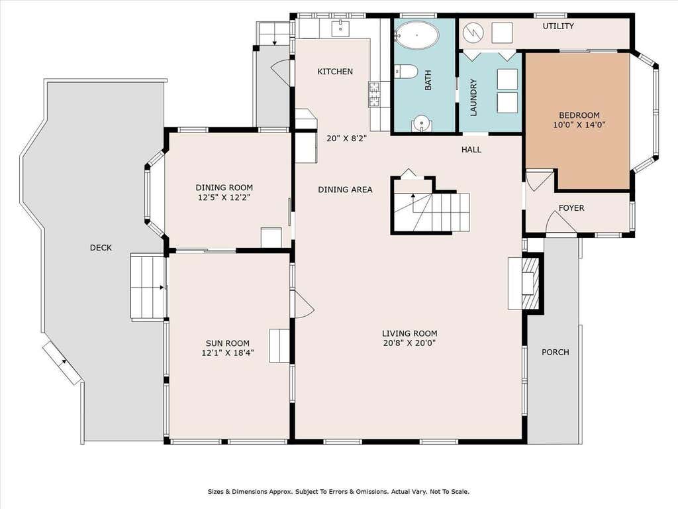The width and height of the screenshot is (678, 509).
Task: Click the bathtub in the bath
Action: click(x=417, y=35)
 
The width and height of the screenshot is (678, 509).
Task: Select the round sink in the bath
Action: click(x=420, y=123)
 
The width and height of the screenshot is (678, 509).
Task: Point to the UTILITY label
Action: click(x=558, y=26)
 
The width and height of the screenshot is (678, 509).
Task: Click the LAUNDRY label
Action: click(x=473, y=97)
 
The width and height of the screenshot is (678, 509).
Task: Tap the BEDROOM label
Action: click(x=579, y=115)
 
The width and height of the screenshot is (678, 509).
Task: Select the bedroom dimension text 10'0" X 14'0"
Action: click(x=579, y=125)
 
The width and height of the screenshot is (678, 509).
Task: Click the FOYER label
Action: click(x=571, y=207)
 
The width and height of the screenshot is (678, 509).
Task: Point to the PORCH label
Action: click(x=556, y=353)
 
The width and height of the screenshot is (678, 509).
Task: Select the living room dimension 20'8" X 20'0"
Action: click(x=409, y=343)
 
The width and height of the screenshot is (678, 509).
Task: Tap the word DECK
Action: click(x=101, y=248)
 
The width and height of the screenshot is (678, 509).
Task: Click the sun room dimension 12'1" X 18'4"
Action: click(x=228, y=353)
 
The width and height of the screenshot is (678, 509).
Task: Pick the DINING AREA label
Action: click(x=345, y=190)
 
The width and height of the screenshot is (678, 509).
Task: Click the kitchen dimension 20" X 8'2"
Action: click(x=347, y=139)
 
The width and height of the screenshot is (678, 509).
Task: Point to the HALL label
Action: click(x=471, y=150)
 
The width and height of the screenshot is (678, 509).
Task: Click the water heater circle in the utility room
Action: click(x=472, y=32)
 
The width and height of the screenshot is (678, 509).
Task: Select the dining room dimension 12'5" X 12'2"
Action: click(x=224, y=198)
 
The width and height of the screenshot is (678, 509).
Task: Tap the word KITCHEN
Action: click(x=335, y=72)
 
